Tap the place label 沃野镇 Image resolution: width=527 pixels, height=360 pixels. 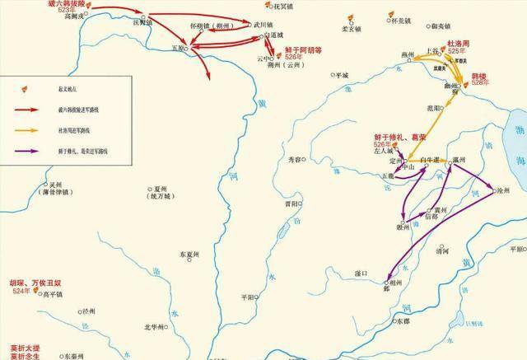(x=133, y=22)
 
